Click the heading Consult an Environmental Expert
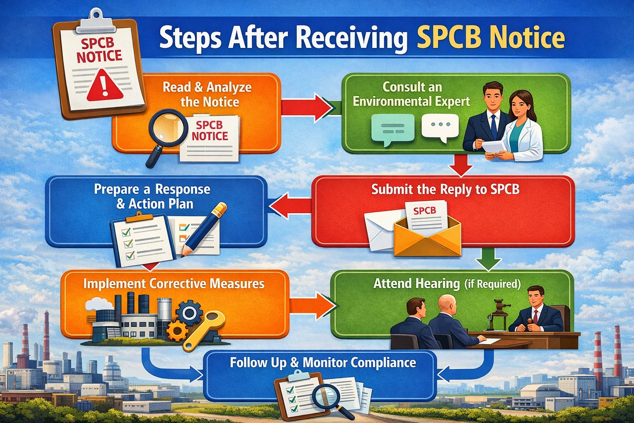[412, 94]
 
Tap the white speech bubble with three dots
[440, 128]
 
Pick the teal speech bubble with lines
[393, 129]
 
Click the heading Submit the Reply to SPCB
[445, 189]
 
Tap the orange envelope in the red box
[427, 238]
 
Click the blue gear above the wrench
[189, 313]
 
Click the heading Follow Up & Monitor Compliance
[323, 363]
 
